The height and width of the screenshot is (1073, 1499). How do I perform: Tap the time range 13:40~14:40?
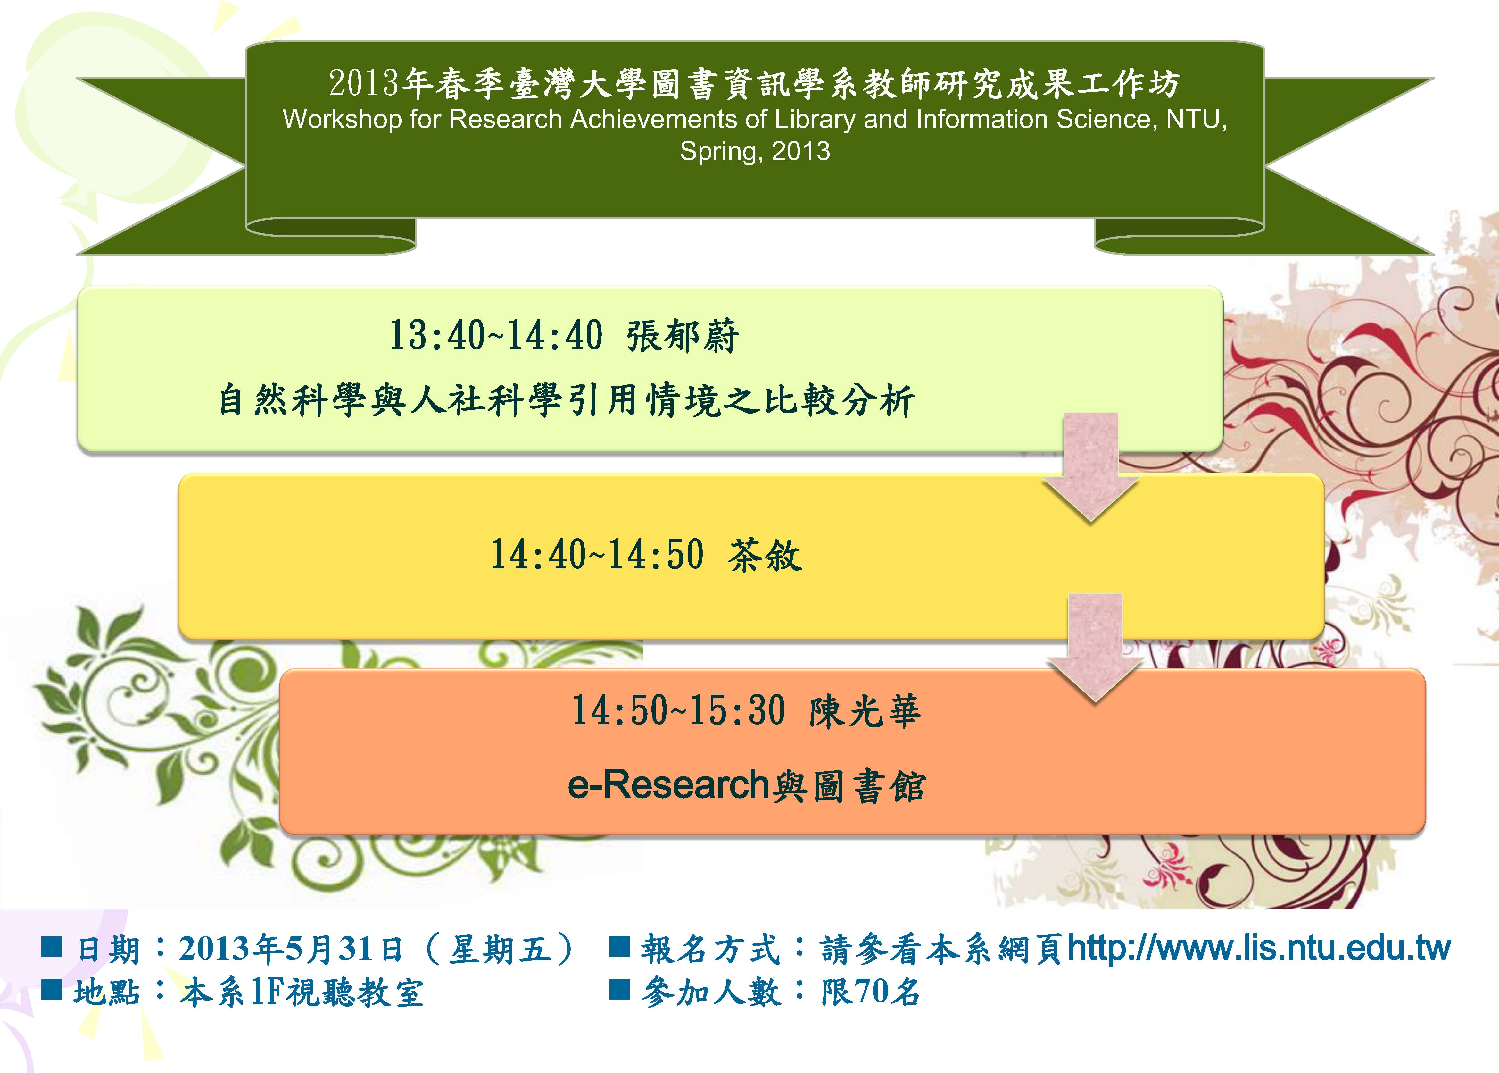[x=496, y=336]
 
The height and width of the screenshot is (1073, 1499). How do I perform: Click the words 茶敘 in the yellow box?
[x=765, y=555]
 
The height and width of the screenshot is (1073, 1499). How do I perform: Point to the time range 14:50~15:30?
[x=679, y=711]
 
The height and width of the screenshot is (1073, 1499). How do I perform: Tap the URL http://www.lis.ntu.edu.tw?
[x=1259, y=948]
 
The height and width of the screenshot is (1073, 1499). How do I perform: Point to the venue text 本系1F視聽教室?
[x=301, y=993]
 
